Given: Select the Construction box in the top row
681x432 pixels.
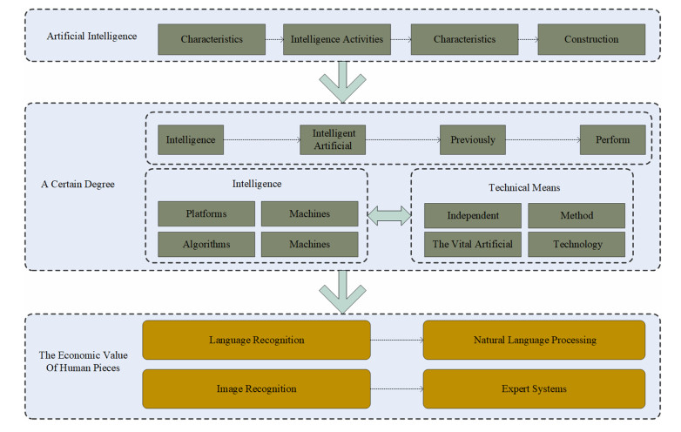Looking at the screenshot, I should (590, 39).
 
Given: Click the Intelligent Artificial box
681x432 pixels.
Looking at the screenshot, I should (333, 139).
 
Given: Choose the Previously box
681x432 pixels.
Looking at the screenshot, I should (472, 139).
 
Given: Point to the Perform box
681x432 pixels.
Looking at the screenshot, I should (612, 139).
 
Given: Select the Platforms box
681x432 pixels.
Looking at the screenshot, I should (206, 214).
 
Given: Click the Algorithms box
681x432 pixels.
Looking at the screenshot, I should (206, 244).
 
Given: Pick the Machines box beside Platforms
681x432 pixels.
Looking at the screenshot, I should (309, 214).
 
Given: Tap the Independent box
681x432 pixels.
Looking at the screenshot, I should (473, 215).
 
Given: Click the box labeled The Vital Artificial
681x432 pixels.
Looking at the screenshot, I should (473, 244).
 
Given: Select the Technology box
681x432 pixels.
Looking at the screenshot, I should (576, 244).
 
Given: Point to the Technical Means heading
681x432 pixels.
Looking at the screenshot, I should (523, 187).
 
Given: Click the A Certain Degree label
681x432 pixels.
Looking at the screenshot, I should (78, 185).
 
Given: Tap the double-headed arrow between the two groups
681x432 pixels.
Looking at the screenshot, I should (389, 216).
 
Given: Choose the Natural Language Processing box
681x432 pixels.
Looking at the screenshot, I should (534, 340).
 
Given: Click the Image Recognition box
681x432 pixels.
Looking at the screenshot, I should (256, 388).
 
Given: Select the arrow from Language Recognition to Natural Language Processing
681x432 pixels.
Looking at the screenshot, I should (396, 340).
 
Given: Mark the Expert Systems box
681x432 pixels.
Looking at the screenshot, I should (534, 388).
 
